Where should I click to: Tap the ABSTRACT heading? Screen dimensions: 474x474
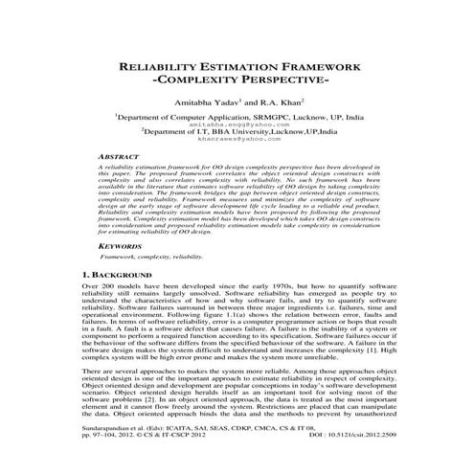click(124, 154)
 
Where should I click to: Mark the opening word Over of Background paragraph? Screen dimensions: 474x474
click(92, 286)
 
